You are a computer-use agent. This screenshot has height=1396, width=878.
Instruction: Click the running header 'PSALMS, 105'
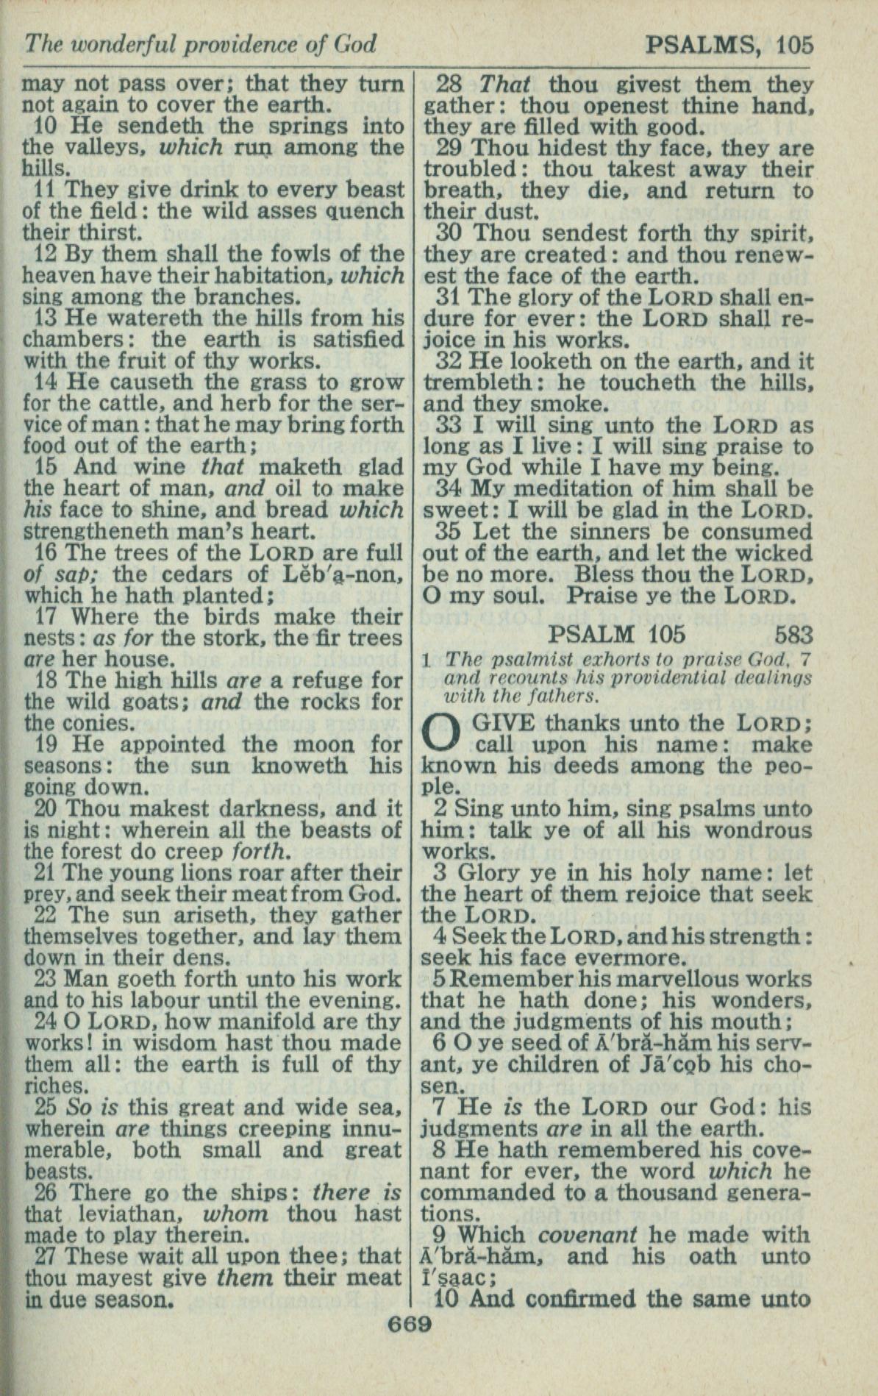[x=729, y=46]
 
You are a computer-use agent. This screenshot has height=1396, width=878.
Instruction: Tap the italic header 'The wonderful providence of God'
[x=200, y=46]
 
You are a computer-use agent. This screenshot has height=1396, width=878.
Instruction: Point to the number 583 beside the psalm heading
[x=793, y=634]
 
